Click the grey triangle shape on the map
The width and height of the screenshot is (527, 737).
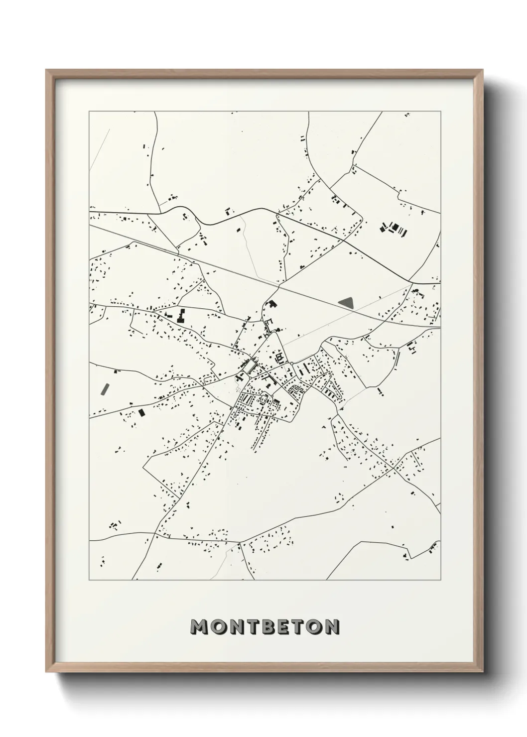[x=347, y=302]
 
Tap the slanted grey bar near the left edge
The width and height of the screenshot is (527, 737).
[x=105, y=388]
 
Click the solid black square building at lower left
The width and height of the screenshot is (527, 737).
[x=141, y=412]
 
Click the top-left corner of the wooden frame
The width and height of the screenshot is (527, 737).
[x=47, y=71]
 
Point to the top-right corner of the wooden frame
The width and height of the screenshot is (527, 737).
[x=480, y=71]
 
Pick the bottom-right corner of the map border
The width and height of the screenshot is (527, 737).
[x=441, y=580]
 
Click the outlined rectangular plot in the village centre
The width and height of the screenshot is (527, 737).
[x=248, y=368]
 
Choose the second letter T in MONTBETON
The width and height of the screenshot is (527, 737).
[x=296, y=627]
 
